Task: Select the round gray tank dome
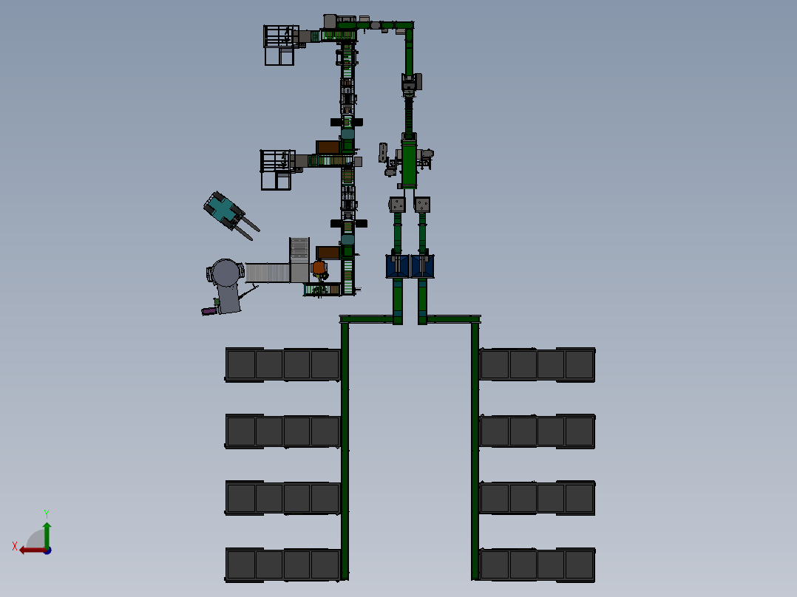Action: (x=225, y=273)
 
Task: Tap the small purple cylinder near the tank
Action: (x=208, y=311)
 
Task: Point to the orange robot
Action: (x=319, y=267)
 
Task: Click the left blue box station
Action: (x=398, y=266)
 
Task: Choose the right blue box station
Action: (x=422, y=266)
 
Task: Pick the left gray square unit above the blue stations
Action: (x=397, y=205)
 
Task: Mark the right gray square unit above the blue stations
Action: (x=422, y=205)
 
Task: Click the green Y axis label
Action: (x=47, y=514)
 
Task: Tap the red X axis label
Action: (x=15, y=546)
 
